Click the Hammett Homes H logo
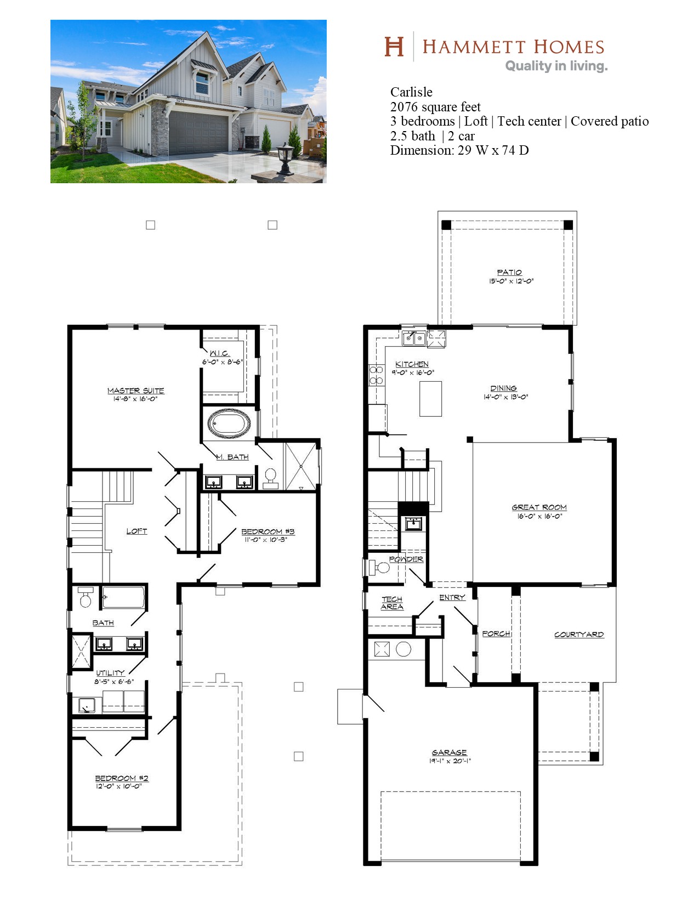coord(394,47)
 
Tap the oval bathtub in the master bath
coord(229,423)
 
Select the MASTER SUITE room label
coord(136,391)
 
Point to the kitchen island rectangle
coord(430,399)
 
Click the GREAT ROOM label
coord(539,507)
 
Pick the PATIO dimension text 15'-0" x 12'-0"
coord(512,281)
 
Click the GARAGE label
coord(449,752)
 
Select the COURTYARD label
coord(579,634)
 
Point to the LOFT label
coord(137,531)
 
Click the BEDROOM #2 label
coord(122,778)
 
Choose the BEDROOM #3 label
coord(268,531)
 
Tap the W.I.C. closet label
coord(219,353)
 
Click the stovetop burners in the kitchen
coord(376,375)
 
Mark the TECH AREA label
coord(392,603)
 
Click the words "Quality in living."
coord(556,66)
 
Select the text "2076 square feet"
coord(435,107)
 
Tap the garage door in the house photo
coord(198,132)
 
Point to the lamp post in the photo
coord(286,159)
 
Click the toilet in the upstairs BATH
coord(86,597)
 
